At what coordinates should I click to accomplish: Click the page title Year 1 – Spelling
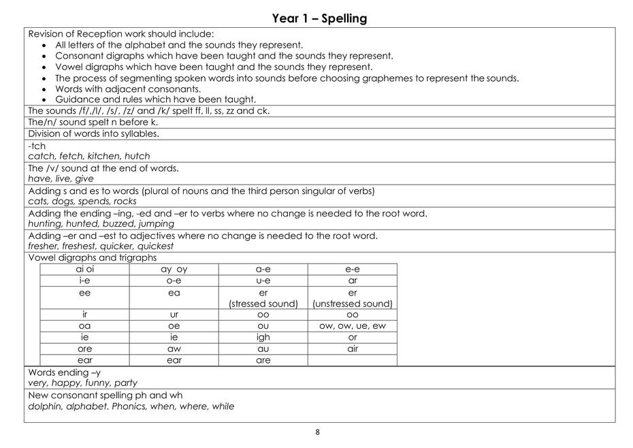(x=319, y=18)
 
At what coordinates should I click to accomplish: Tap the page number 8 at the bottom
(x=317, y=432)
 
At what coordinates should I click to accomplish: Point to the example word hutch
(x=137, y=156)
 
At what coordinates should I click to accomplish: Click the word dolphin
(x=46, y=406)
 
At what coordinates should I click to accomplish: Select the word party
(x=125, y=383)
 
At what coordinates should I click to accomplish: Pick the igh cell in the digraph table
(x=263, y=337)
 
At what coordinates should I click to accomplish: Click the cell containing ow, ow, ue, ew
(x=352, y=325)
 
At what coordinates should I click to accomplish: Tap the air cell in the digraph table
(x=352, y=349)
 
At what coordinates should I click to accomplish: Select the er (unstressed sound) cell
(x=352, y=298)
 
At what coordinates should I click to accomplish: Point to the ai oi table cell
(x=84, y=269)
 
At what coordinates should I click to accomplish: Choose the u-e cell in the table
(x=263, y=281)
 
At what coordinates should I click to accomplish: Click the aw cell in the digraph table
(x=174, y=349)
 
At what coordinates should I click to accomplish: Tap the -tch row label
(x=37, y=146)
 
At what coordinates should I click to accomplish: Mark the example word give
(x=84, y=179)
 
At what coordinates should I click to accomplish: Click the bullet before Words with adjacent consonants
(x=45, y=89)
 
